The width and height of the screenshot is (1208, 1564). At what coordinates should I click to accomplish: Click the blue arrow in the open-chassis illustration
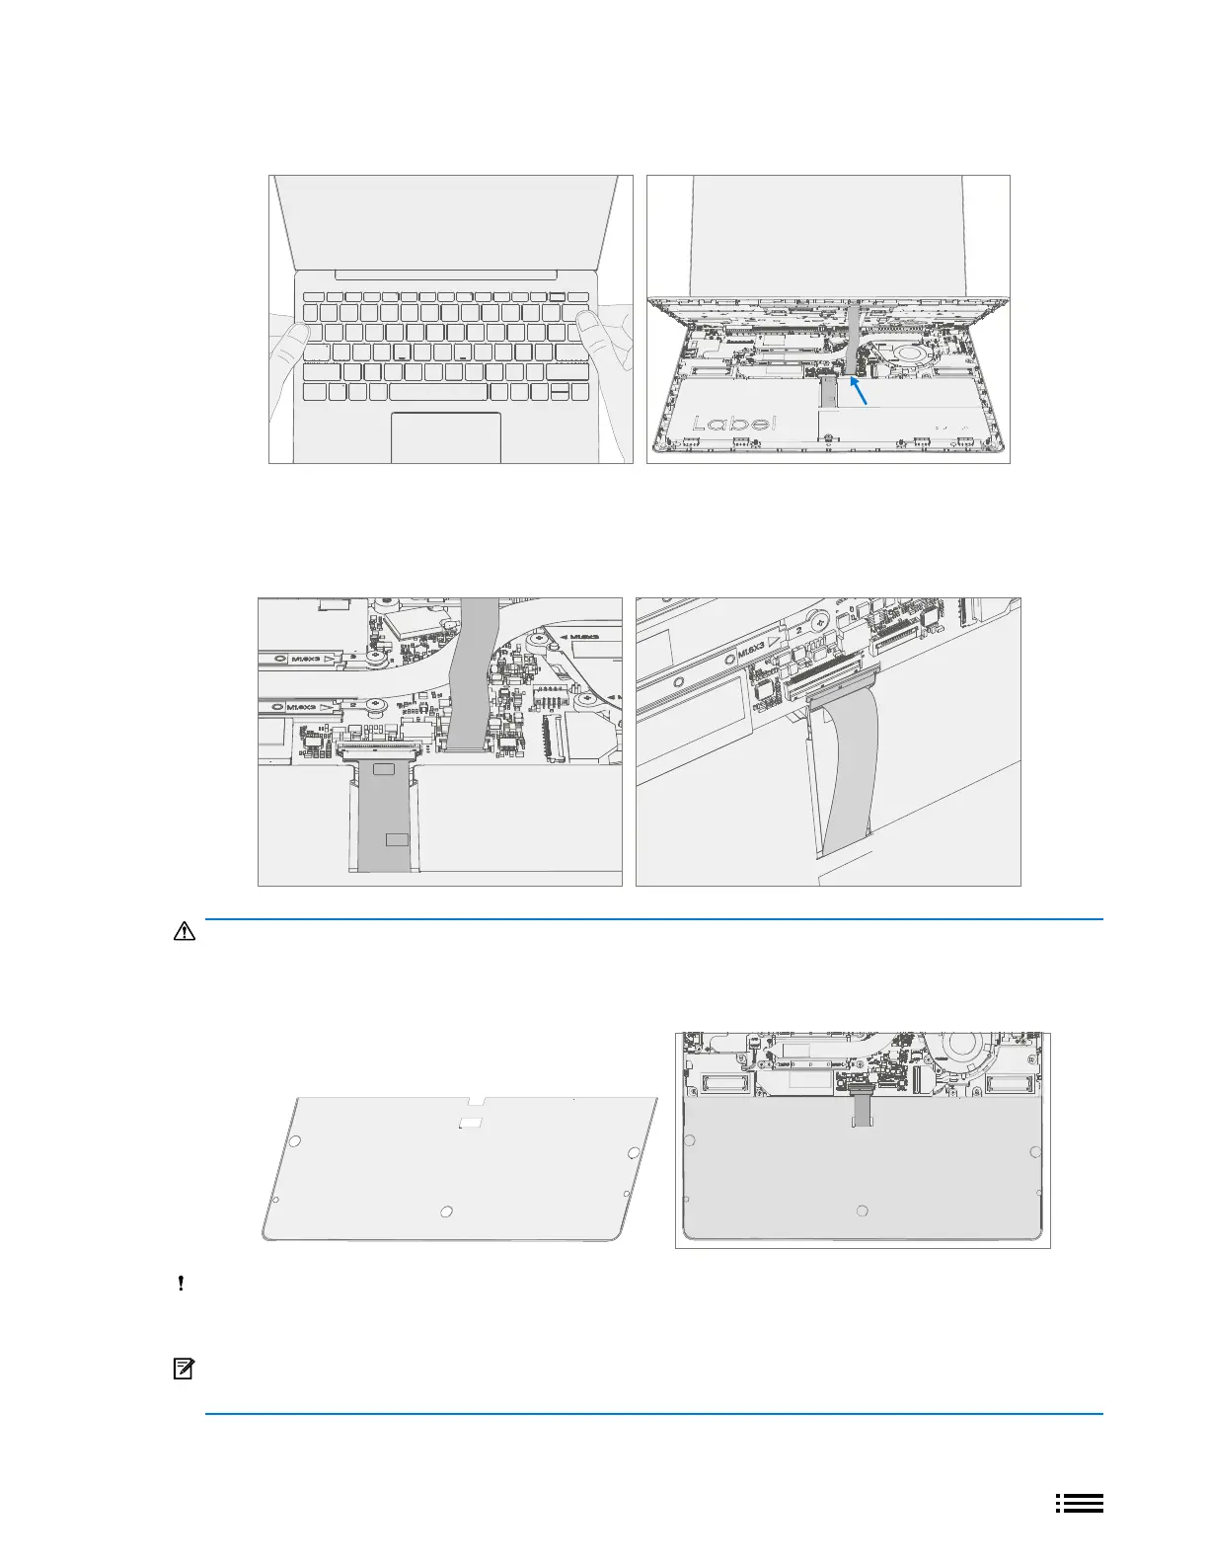[860, 394]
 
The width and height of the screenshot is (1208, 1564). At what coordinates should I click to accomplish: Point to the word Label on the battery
[734, 424]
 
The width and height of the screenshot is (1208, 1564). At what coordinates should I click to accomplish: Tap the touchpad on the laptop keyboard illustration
[446, 437]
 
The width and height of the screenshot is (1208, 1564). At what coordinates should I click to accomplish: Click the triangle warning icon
[184, 931]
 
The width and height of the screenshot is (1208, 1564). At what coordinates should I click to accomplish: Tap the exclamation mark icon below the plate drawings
[182, 1285]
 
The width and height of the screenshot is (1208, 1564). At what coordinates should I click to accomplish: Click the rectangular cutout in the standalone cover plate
[472, 1122]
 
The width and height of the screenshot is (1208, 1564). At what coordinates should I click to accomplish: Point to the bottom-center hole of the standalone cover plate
[446, 1212]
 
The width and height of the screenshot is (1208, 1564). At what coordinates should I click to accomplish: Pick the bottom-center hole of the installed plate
[863, 1211]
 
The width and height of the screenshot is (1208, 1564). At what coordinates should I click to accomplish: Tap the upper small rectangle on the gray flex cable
[384, 768]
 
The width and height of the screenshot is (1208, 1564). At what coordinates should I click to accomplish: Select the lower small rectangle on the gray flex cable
[397, 839]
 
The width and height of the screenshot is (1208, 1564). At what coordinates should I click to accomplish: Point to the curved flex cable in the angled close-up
[850, 770]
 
